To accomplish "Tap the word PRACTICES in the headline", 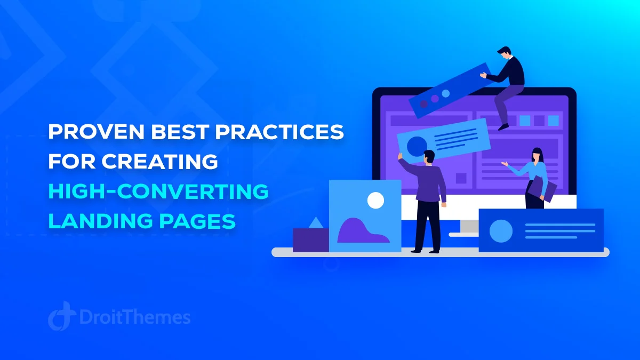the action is pos(279,132).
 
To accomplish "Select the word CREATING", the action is pos(159,162).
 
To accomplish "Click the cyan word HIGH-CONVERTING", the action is pos(158,191).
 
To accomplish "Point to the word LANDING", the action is pos(101,221).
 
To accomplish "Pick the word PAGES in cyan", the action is pos(197,221).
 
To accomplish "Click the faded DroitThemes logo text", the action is pos(135,317).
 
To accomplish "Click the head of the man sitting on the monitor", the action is pos(505,52).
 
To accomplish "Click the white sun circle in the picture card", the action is pos(375,201).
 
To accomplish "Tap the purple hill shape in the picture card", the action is pos(362,231).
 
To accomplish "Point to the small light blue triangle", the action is pos(316,223).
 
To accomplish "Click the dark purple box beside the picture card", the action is pos(311,240).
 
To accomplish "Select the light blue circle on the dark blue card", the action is pos(501,231).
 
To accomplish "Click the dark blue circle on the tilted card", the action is pos(417,146).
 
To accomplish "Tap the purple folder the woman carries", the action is pos(542,189).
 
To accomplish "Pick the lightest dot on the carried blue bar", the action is pos(446,93).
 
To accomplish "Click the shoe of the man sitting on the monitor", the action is pos(503,127).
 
